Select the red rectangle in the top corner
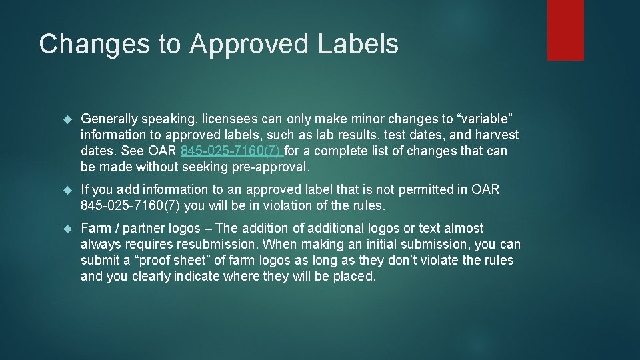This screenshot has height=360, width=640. point(565,30)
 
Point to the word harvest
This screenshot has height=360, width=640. point(497,135)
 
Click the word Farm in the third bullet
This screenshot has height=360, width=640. point(95,229)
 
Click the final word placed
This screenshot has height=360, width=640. point(355,276)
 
